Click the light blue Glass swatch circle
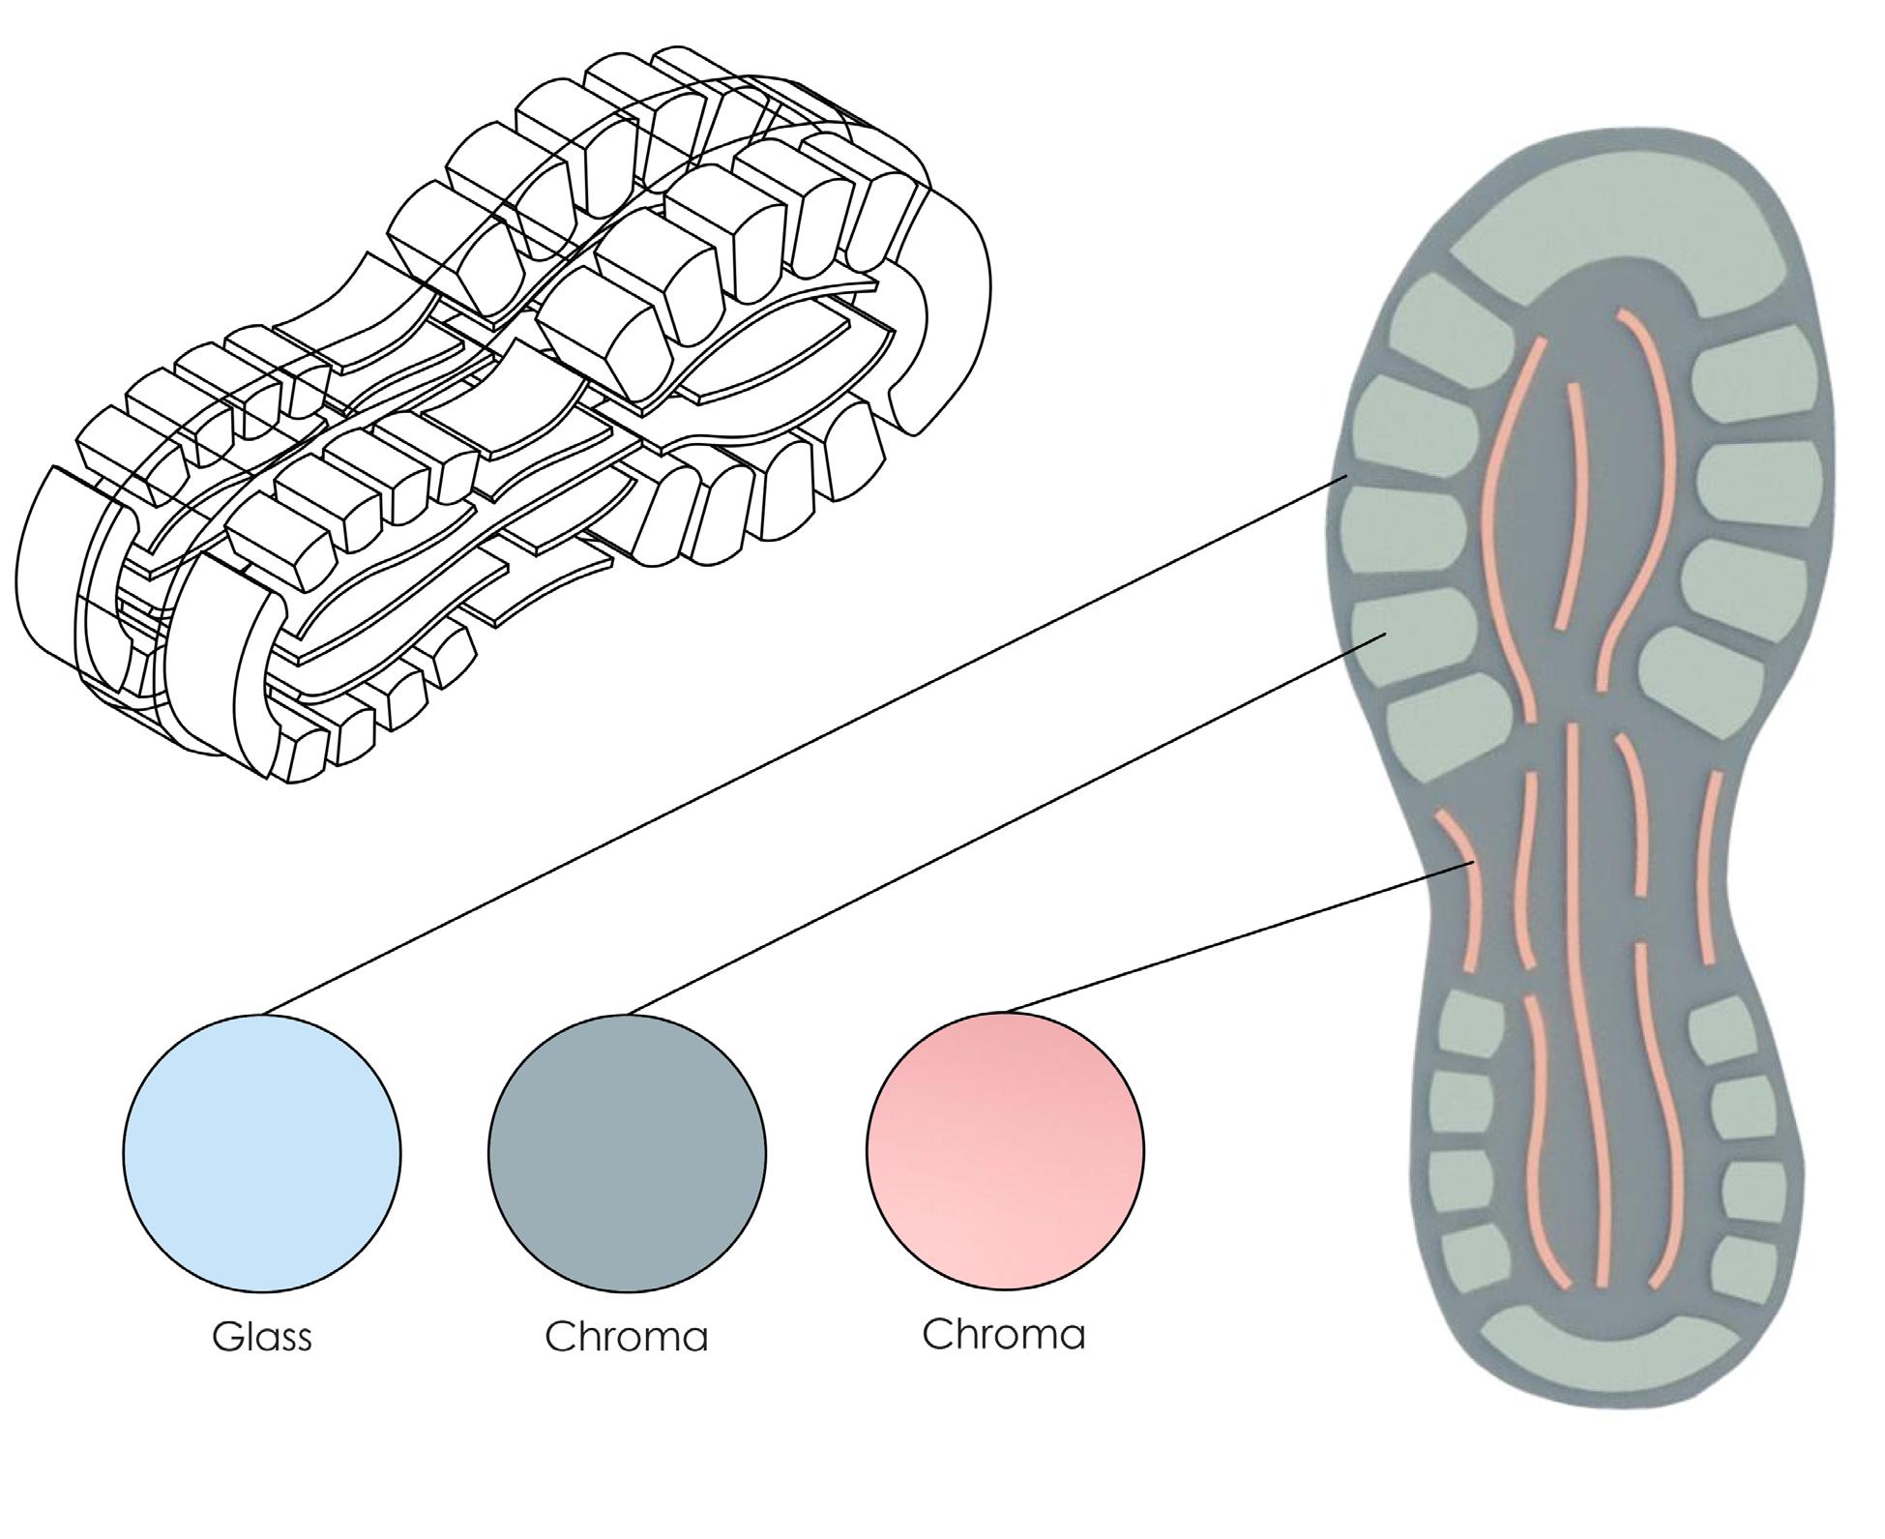click(x=262, y=1153)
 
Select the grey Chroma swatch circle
click(x=627, y=1153)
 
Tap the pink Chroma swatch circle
click(x=1005, y=1150)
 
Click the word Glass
click(x=262, y=1337)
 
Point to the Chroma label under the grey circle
click(x=627, y=1337)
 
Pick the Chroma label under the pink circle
click(x=1004, y=1335)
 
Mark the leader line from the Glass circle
click(x=803, y=745)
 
